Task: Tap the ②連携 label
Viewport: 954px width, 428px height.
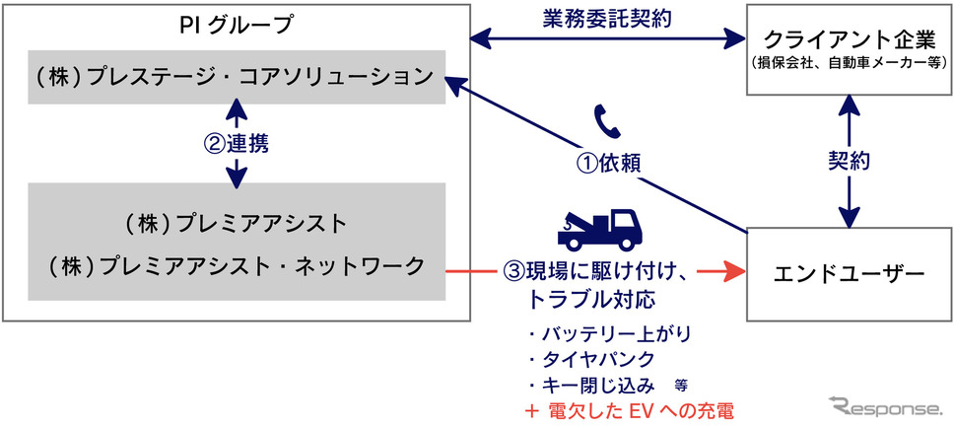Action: coord(237,143)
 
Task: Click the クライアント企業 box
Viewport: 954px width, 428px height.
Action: coord(847,49)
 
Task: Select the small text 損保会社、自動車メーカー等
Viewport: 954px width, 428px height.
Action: coord(847,63)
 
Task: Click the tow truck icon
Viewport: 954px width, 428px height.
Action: coord(598,229)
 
